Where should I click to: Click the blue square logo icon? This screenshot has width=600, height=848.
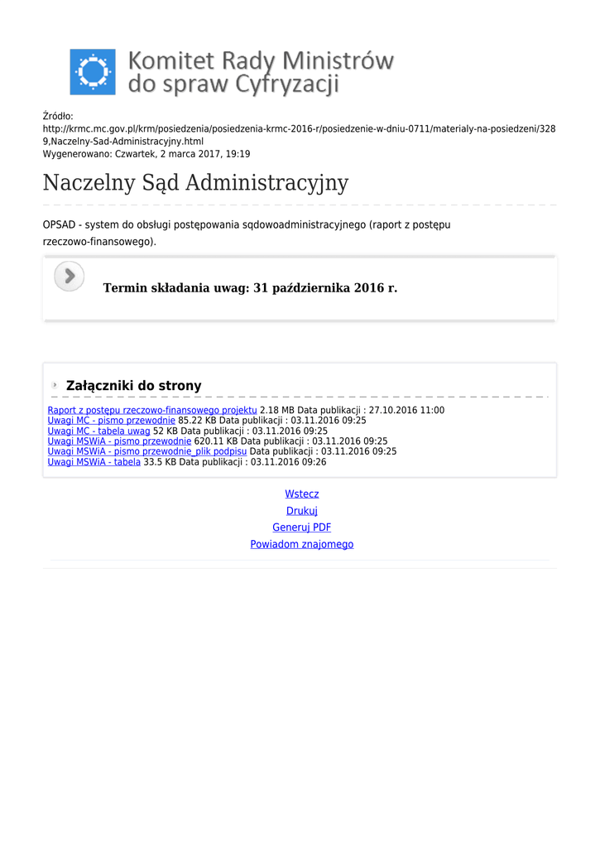(x=93, y=72)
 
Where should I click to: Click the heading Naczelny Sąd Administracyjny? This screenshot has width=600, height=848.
(x=195, y=182)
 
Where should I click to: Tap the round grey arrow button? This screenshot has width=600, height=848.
(x=70, y=276)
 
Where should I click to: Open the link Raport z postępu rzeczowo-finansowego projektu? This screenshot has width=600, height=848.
(x=152, y=410)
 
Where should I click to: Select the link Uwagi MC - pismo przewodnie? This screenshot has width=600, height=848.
(x=111, y=421)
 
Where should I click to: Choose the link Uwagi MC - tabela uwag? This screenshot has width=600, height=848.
(x=98, y=431)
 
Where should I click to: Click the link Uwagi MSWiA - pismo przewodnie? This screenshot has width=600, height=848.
(x=119, y=441)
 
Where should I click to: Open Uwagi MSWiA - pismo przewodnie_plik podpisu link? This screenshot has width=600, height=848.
(x=146, y=451)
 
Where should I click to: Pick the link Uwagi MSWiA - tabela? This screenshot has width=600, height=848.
(x=94, y=462)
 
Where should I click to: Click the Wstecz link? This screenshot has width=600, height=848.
(x=301, y=494)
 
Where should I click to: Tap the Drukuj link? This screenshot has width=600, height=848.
(x=301, y=511)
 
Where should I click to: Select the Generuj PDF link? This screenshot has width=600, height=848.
(x=301, y=528)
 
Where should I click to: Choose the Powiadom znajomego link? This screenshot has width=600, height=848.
(x=301, y=544)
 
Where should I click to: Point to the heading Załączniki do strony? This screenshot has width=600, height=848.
(x=133, y=386)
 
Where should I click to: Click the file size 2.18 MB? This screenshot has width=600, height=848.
(x=277, y=410)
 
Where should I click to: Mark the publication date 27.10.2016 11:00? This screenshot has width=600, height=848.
(x=406, y=410)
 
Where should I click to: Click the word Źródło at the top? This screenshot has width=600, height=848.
(x=58, y=117)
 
